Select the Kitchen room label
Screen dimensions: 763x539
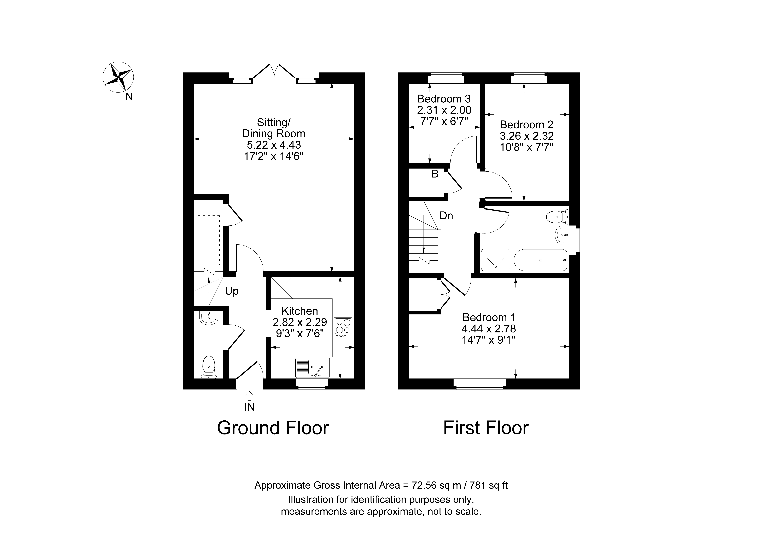pyautogui.click(x=300, y=311)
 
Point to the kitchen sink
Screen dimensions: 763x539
pyautogui.click(x=312, y=368)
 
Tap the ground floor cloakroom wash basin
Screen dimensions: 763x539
pyautogui.click(x=208, y=318)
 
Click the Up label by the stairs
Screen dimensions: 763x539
pyautogui.click(x=232, y=291)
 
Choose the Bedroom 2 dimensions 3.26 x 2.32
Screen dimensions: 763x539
pyautogui.click(x=527, y=136)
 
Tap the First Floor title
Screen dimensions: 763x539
pyautogui.click(x=486, y=428)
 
